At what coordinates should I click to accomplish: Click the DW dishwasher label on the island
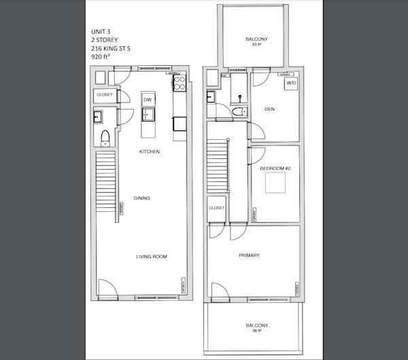147,99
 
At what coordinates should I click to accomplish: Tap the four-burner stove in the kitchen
180,84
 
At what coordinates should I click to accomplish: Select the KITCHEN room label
149,151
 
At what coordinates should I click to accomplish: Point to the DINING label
141,198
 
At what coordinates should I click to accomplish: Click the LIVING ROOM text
152,256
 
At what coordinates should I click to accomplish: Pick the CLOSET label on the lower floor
104,94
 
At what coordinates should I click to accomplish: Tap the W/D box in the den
291,84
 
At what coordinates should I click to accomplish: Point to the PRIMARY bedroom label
249,255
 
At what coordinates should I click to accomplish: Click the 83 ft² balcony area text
256,44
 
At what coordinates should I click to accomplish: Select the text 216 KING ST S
109,50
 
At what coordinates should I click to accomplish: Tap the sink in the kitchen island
148,113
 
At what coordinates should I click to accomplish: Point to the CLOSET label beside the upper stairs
217,208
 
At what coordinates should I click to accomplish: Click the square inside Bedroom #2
275,183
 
